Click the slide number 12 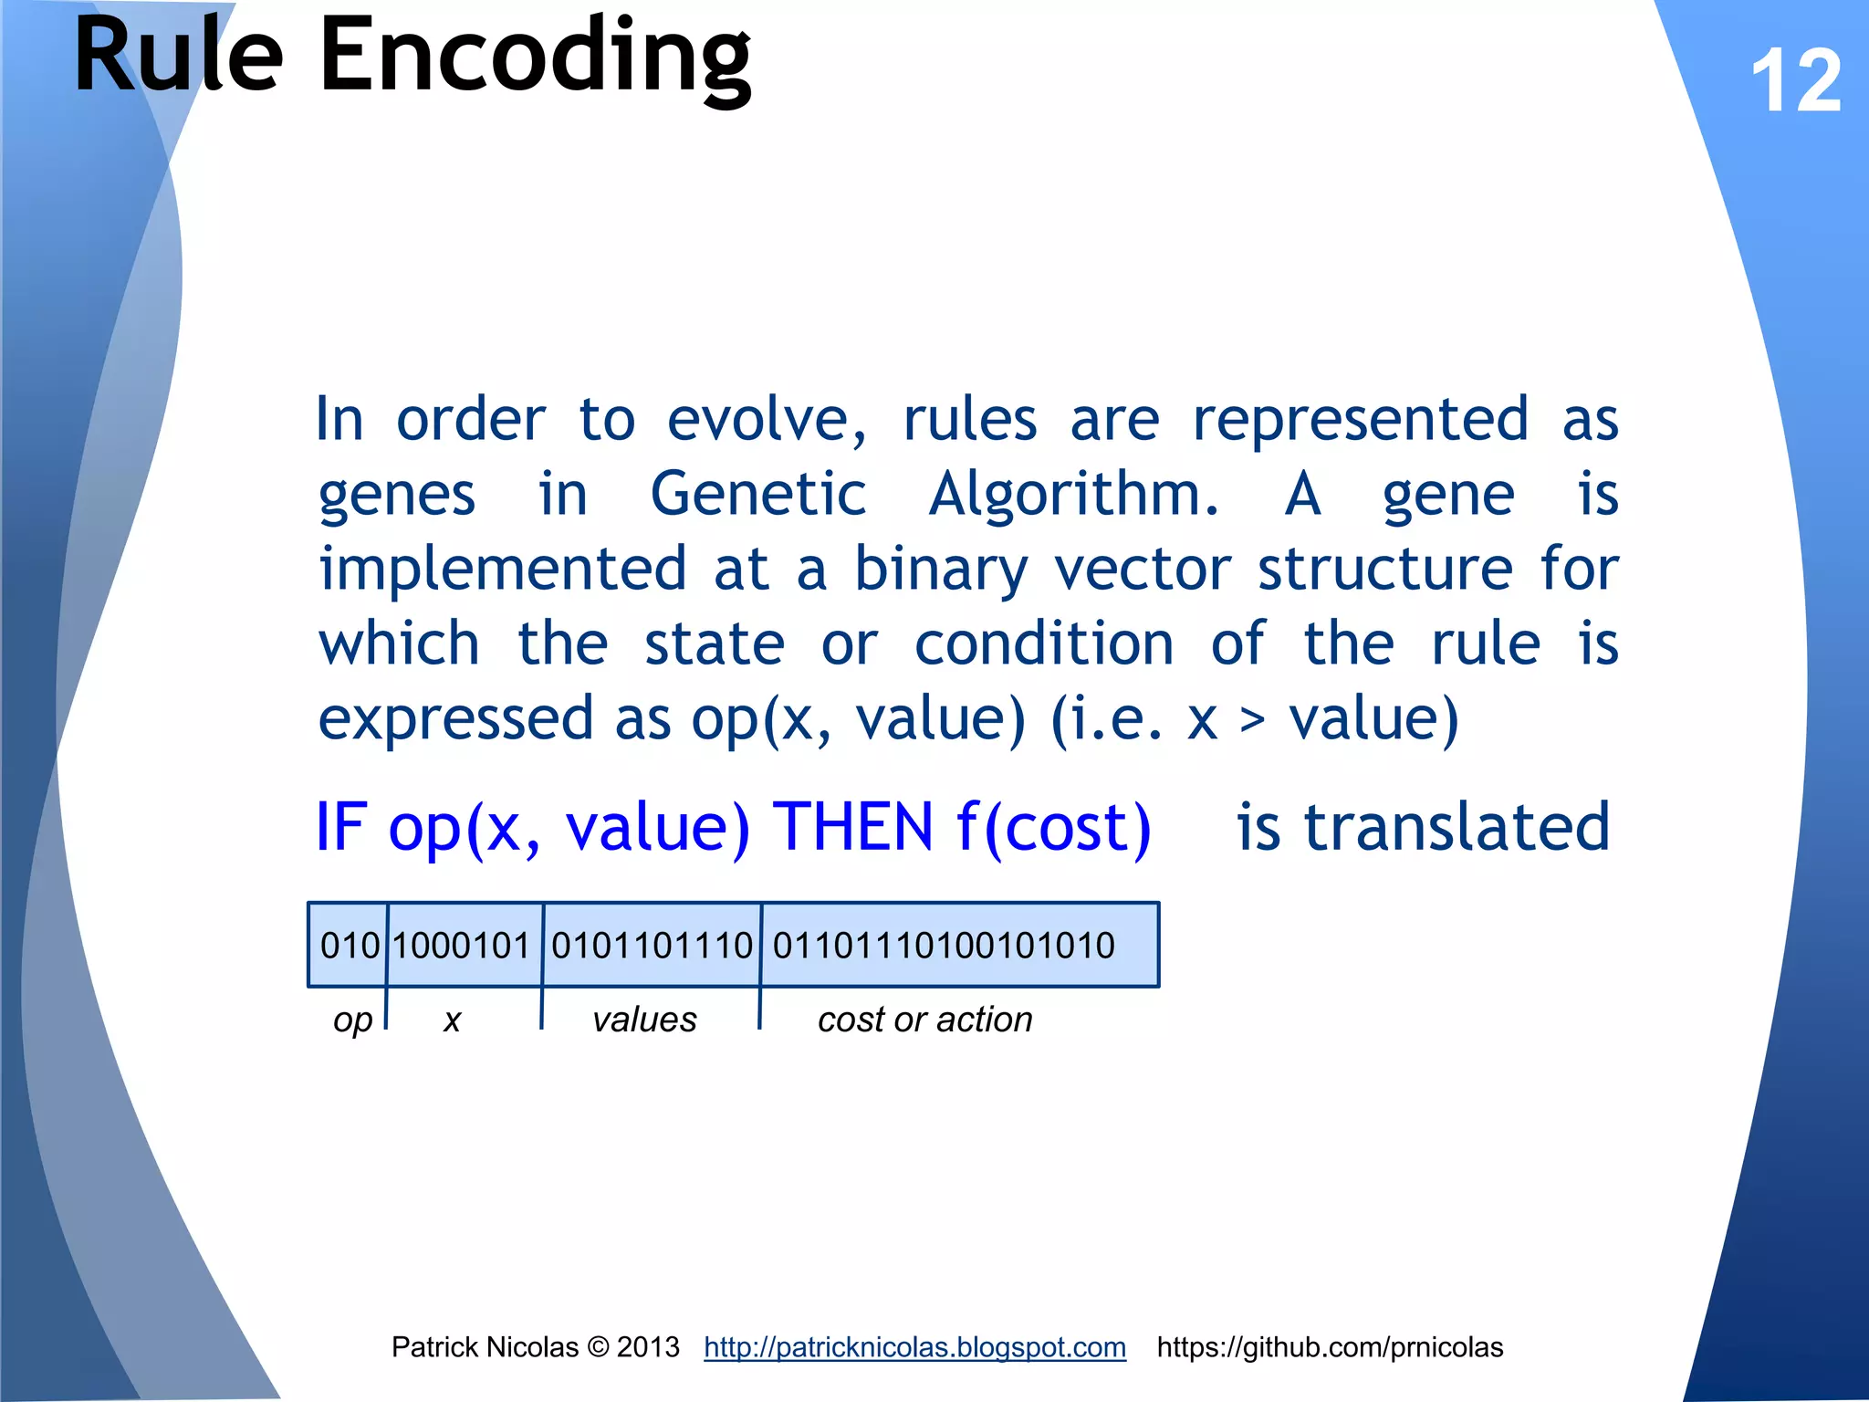click(x=1795, y=82)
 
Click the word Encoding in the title click(x=535, y=57)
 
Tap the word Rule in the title click(x=179, y=57)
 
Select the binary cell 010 click(x=350, y=946)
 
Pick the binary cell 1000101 click(x=462, y=946)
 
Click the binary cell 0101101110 click(x=652, y=946)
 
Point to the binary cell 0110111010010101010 click(x=944, y=946)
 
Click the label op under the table click(x=352, y=1020)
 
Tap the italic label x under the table click(x=452, y=1020)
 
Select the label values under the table click(x=644, y=1020)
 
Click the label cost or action click(x=924, y=1020)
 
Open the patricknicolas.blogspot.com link click(x=914, y=1347)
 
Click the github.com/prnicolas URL click(x=1330, y=1347)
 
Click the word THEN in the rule click(x=852, y=828)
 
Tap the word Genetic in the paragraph click(x=757, y=494)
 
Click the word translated click(x=1457, y=828)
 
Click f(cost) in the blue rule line click(x=1054, y=828)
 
